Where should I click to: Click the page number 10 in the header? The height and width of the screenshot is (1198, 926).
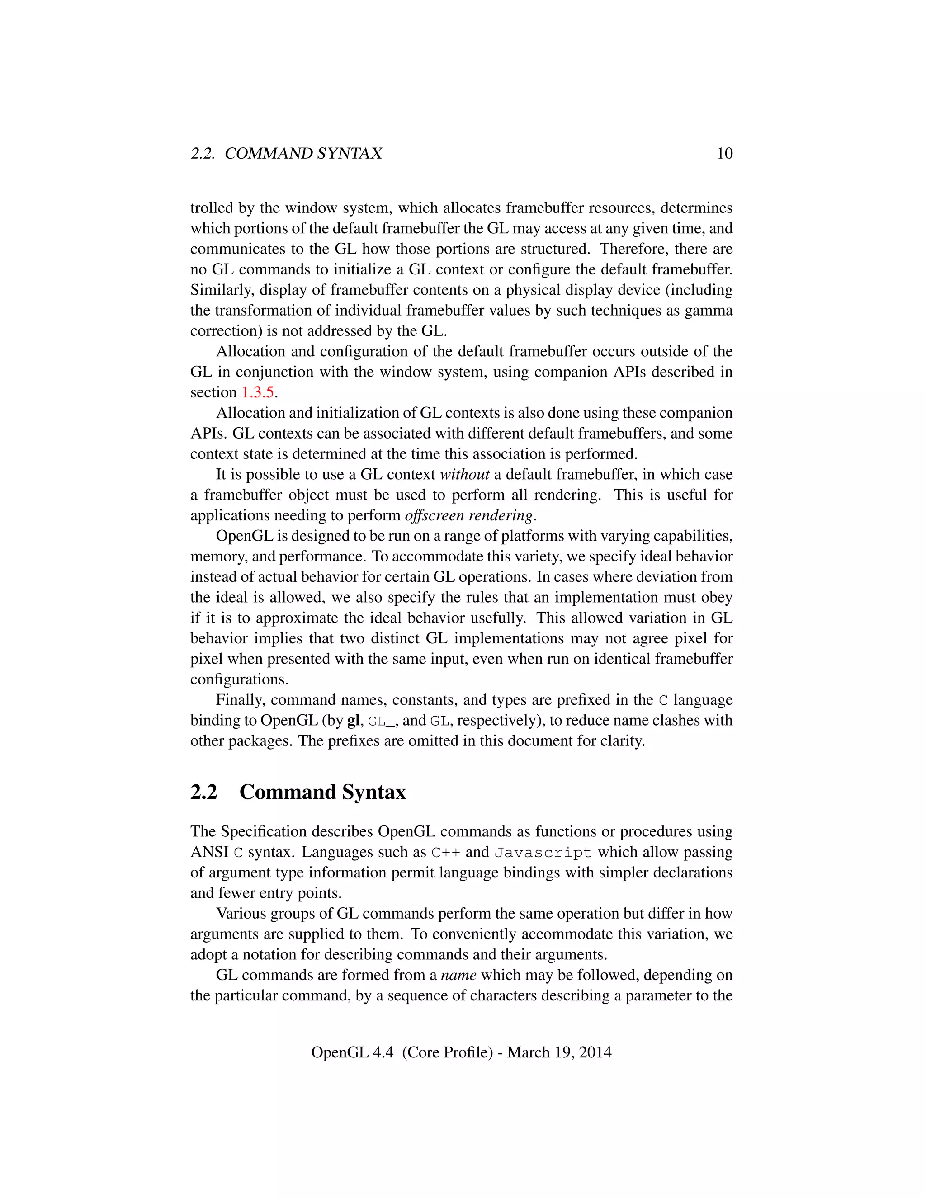(724, 154)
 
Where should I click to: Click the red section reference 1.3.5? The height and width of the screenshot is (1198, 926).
(257, 393)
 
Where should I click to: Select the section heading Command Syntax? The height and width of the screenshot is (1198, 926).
(322, 792)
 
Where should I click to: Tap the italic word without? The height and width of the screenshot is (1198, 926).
(465, 475)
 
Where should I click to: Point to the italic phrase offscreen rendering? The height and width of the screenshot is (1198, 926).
(469, 516)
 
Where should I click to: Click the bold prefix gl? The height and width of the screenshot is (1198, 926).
(354, 721)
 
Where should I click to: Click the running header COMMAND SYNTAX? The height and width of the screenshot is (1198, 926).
(303, 154)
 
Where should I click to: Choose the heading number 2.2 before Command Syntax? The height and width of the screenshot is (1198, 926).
(203, 792)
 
